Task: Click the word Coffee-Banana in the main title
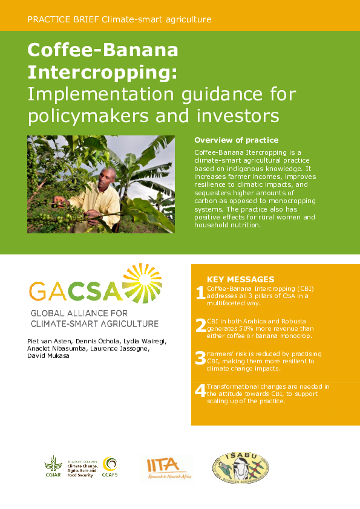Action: pyautogui.click(x=103, y=50)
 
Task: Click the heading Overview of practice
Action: pyautogui.click(x=237, y=140)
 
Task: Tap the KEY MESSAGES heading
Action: pyautogui.click(x=241, y=279)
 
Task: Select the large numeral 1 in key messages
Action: pyautogui.click(x=200, y=294)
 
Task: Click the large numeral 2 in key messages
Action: pyautogui.click(x=200, y=326)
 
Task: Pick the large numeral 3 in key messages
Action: pyautogui.click(x=200, y=359)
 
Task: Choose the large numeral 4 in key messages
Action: pyautogui.click(x=200, y=391)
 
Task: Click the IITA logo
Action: pyautogui.click(x=166, y=467)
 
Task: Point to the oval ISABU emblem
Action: pyautogui.click(x=240, y=467)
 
